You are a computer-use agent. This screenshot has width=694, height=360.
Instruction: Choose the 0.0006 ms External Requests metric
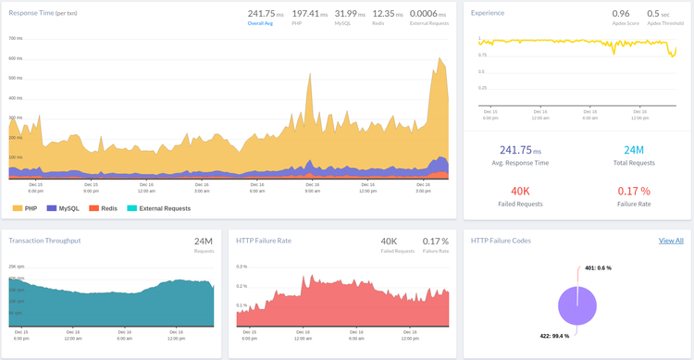[x=428, y=14]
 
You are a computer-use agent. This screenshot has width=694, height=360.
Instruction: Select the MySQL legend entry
[x=64, y=208]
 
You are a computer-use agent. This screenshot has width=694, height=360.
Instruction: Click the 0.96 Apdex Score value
[x=620, y=14]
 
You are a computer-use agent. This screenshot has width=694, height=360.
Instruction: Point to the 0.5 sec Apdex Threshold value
[x=659, y=14]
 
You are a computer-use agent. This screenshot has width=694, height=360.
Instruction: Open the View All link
[x=670, y=241]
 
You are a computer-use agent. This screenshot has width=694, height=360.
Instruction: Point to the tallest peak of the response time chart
[x=440, y=59]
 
